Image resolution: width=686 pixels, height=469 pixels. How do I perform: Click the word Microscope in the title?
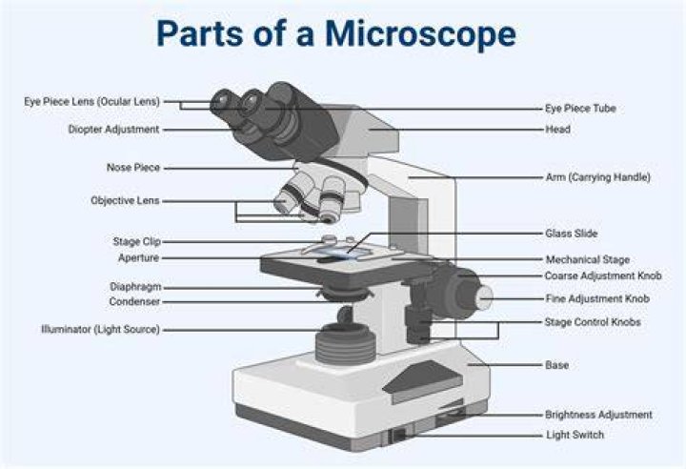coord(420,34)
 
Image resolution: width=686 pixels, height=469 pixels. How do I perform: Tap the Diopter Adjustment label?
coord(113,130)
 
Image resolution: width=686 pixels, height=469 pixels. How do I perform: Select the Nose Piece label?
coord(133,168)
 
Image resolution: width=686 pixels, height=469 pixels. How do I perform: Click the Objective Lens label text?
coord(125,200)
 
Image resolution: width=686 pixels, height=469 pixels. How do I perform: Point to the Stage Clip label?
coord(137,241)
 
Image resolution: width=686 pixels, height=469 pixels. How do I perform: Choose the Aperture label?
coord(139,258)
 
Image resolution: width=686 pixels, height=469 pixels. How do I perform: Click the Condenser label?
coord(134,302)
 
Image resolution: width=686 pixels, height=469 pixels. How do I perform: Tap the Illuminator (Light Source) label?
coord(101,329)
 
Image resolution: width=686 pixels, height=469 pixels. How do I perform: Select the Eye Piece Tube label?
coord(580,109)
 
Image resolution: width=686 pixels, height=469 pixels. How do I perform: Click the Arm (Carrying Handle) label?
coord(598,177)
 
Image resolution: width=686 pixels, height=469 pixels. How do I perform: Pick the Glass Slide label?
coord(572,234)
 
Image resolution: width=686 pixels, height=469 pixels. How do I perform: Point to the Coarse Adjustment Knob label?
coord(603,275)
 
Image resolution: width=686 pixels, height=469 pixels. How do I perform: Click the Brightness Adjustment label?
coord(598,415)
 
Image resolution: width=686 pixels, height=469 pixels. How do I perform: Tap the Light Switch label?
coord(575,435)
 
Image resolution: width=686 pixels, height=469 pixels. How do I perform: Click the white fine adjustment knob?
coord(484,297)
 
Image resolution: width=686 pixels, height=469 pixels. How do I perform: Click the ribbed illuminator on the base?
coord(346,344)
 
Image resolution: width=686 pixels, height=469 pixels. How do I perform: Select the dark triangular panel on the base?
coord(423,382)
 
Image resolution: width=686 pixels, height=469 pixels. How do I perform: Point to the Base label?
coord(557,365)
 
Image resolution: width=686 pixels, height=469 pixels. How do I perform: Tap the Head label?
coord(557,130)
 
